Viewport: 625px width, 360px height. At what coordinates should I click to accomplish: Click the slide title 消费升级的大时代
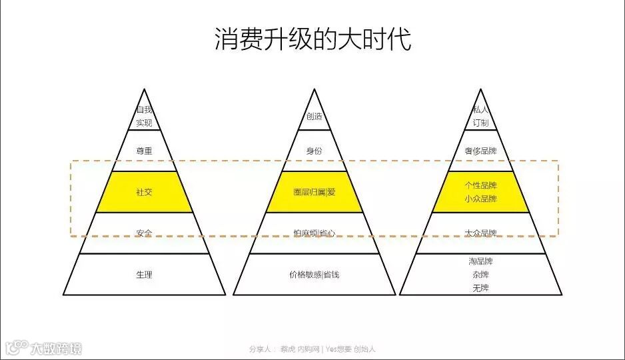click(312, 39)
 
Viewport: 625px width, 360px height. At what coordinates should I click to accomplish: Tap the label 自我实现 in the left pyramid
click(145, 116)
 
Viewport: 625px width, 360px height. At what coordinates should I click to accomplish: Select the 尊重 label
click(145, 151)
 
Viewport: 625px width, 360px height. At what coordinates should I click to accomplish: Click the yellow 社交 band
click(145, 193)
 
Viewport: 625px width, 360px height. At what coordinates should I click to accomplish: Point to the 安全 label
click(145, 233)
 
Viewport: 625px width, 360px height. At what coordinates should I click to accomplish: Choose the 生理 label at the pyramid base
click(145, 274)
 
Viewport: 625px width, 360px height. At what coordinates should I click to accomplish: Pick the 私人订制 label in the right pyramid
click(480, 116)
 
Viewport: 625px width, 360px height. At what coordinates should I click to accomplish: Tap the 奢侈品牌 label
click(480, 151)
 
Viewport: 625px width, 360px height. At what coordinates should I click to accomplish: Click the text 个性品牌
click(480, 185)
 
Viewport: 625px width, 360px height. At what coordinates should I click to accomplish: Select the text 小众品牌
click(480, 199)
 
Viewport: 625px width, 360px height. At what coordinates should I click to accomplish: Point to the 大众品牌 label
click(480, 233)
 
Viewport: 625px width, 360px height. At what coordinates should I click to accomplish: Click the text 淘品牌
click(480, 261)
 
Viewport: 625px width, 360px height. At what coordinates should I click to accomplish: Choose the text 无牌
click(480, 288)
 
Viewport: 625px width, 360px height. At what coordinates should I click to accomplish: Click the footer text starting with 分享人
click(312, 349)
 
